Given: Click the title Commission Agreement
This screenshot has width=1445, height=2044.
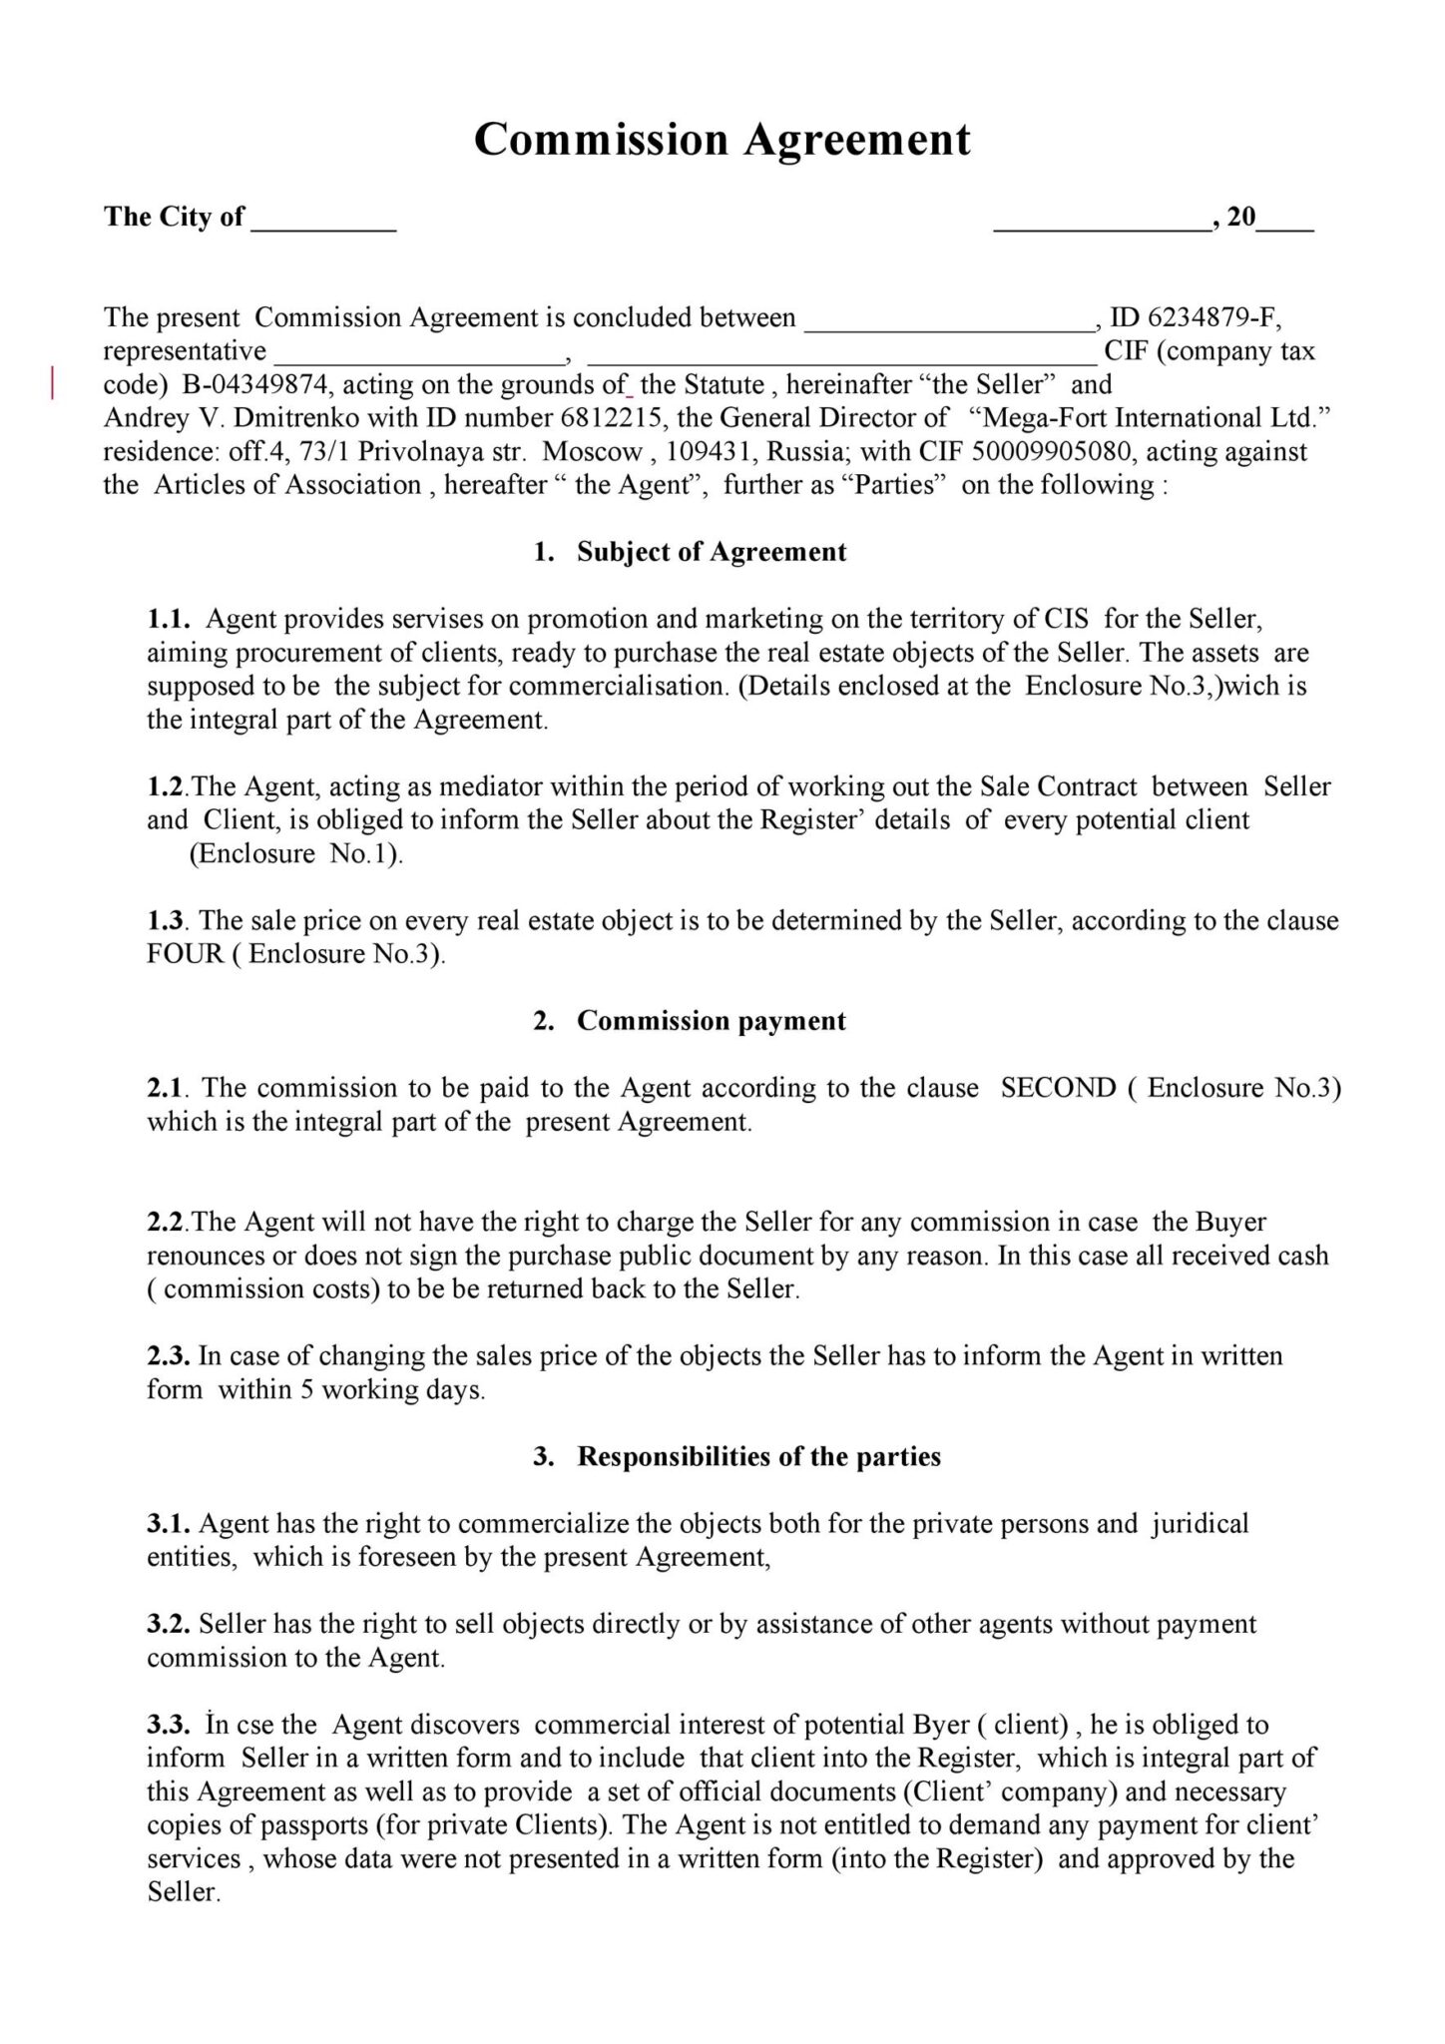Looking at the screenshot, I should [x=722, y=140].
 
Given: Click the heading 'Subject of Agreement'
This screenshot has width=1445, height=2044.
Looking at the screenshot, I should [x=711, y=552].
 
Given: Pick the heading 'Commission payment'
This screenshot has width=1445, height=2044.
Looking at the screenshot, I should [x=711, y=1021].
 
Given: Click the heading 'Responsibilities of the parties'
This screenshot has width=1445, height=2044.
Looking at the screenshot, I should [x=758, y=1456].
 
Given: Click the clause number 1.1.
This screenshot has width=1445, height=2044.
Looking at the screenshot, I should [x=168, y=620].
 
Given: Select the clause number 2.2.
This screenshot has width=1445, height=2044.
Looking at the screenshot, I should [x=168, y=1222].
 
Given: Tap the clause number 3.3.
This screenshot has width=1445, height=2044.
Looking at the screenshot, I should [x=168, y=1725].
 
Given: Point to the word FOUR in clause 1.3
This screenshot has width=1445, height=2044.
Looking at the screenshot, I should [x=186, y=954].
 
